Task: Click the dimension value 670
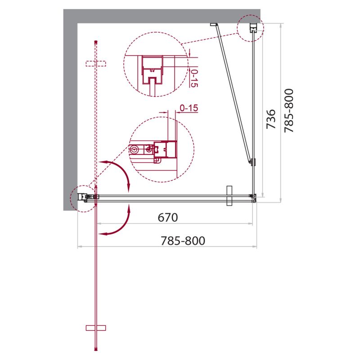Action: coord(168,218)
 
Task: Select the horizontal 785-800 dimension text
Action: coord(183,241)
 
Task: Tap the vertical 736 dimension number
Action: coord(270,119)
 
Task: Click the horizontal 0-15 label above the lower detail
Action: coord(189,108)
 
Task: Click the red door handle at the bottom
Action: coord(95,328)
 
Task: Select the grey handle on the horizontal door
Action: coord(229,196)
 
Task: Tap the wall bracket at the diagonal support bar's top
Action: coord(214,25)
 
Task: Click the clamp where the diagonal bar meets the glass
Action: coord(252,162)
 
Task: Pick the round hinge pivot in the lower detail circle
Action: coord(135,148)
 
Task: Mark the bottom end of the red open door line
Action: coord(95,349)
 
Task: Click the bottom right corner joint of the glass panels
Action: coord(254,196)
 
